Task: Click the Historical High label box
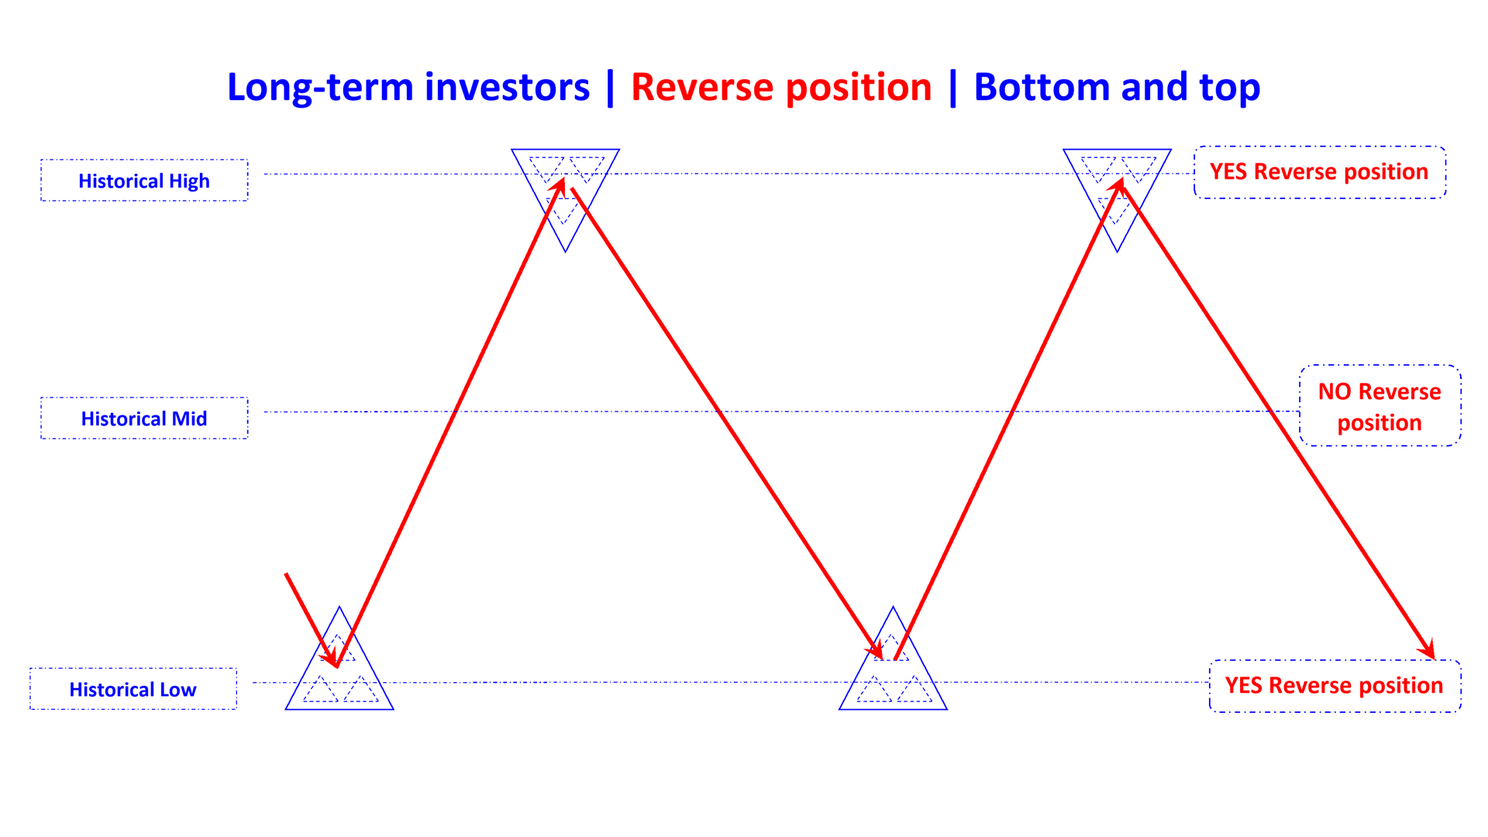[x=144, y=181]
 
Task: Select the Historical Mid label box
[x=144, y=418]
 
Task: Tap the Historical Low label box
[x=133, y=689]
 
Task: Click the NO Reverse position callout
[x=1379, y=406]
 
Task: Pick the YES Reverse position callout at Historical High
[x=1319, y=171]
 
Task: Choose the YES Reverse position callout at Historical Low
[x=1334, y=685]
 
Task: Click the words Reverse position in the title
[x=781, y=87]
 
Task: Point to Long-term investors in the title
[x=408, y=87]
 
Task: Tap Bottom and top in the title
[x=1117, y=87]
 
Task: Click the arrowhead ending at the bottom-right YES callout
[x=1428, y=651]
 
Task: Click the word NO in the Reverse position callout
[x=1335, y=391]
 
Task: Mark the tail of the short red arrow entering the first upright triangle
[x=287, y=574]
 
